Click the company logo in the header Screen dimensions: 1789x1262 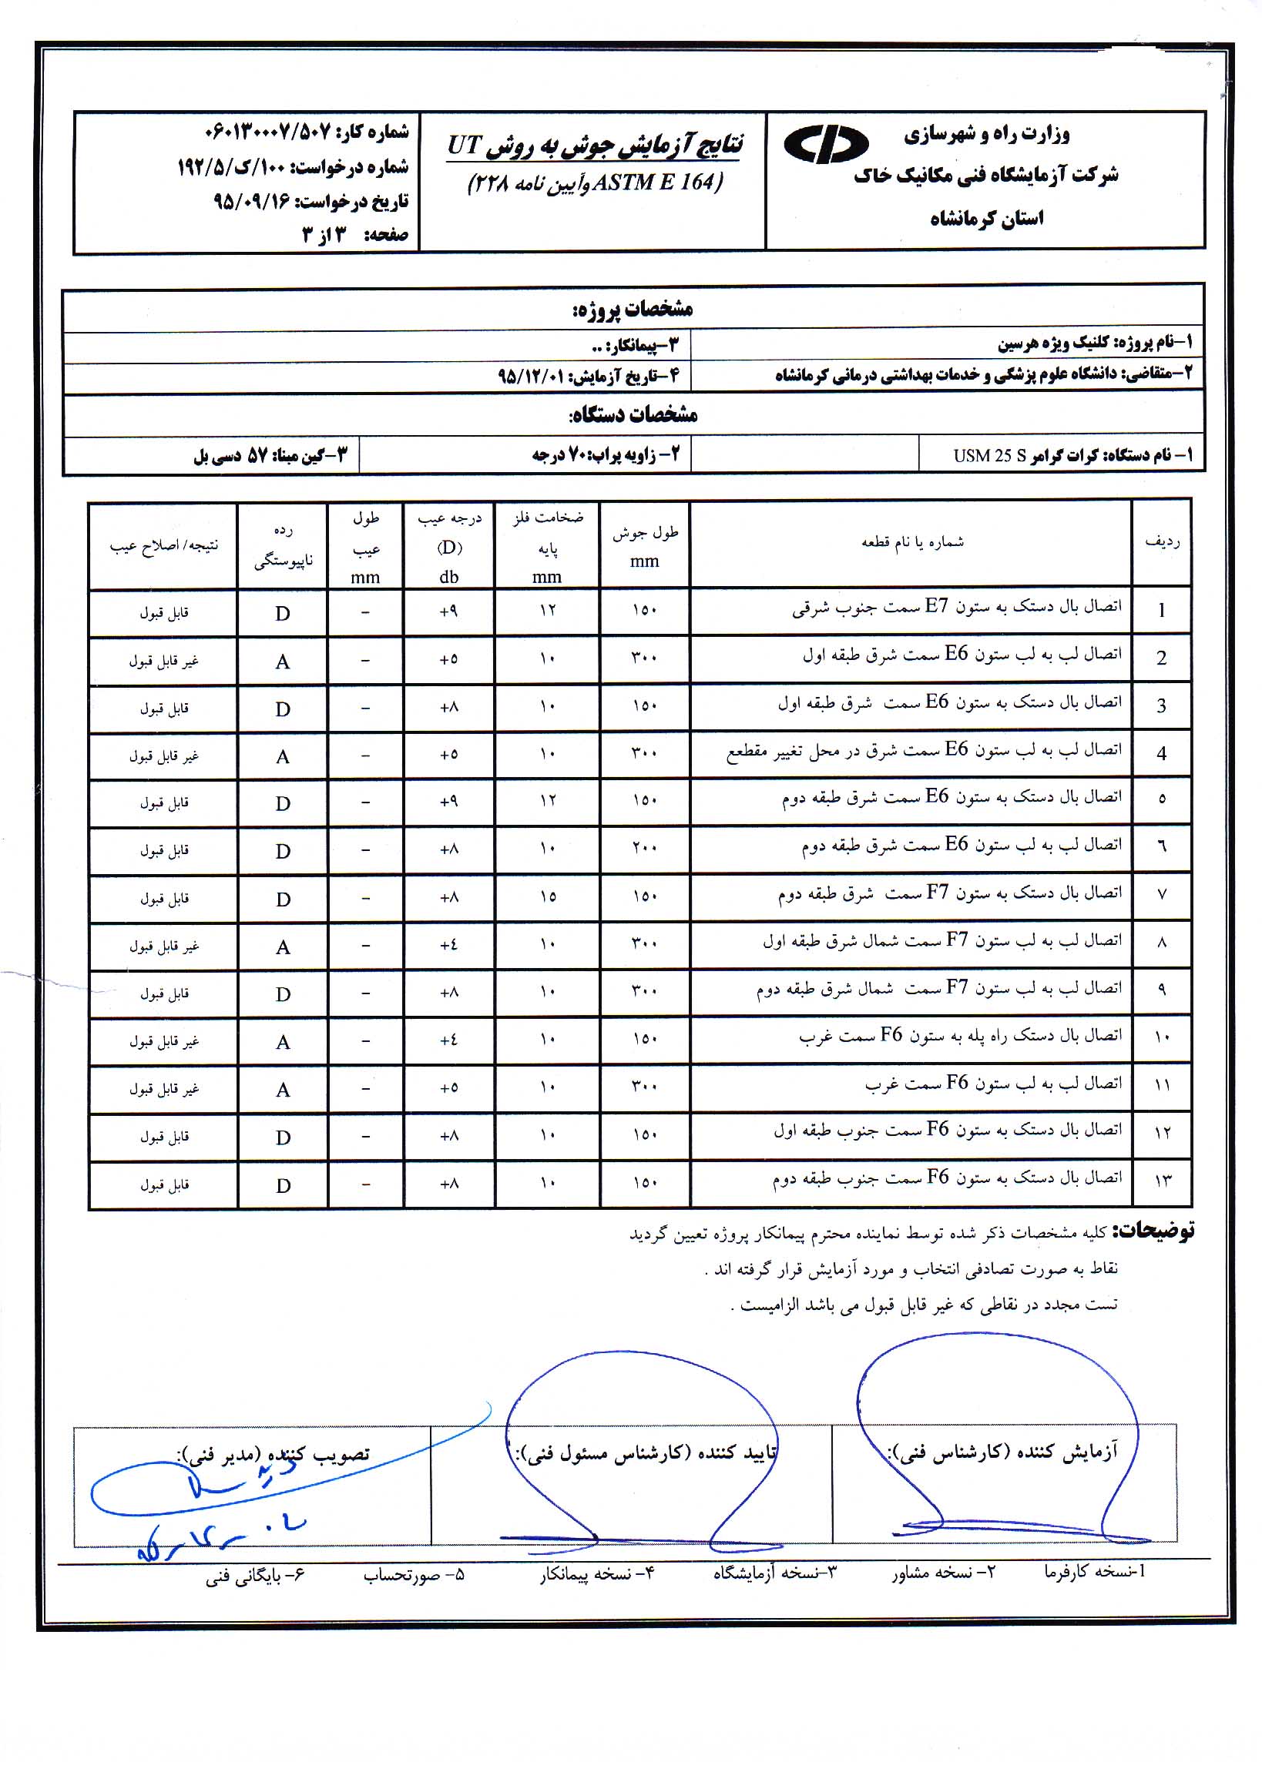(825, 144)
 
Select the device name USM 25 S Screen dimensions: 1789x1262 (989, 456)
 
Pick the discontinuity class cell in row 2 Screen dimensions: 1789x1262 (282, 662)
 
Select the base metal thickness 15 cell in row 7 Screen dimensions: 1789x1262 (547, 897)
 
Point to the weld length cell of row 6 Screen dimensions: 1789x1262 (645, 849)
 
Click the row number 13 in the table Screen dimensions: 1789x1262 (1161, 1181)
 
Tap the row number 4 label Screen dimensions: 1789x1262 (1161, 753)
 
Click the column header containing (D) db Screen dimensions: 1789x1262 (449, 545)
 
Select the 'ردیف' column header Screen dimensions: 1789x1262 (1161, 541)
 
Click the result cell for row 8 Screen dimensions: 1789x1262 (163, 946)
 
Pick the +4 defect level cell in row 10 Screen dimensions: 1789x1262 (448, 1040)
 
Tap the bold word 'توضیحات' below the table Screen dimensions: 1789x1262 (1153, 1232)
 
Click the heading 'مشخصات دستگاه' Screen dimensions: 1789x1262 (633, 414)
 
